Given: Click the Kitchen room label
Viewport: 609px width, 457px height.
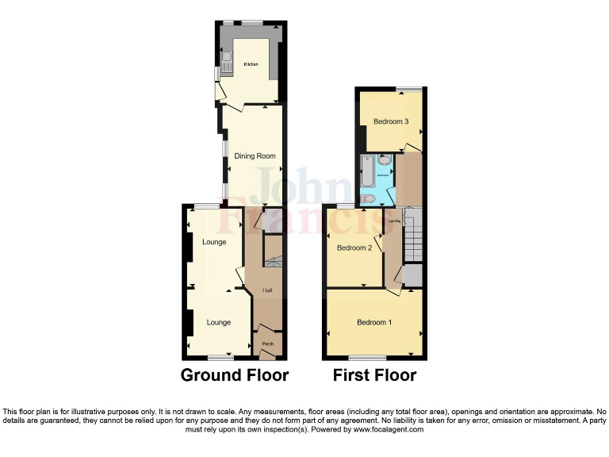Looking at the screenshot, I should pyautogui.click(x=251, y=64).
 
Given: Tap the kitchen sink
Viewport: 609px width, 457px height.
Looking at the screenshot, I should pyautogui.click(x=226, y=63).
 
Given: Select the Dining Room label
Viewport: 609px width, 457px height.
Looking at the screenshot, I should pyautogui.click(x=255, y=156).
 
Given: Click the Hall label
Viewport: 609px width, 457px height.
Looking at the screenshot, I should pyautogui.click(x=268, y=291).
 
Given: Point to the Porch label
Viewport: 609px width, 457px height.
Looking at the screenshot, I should pyautogui.click(x=268, y=344).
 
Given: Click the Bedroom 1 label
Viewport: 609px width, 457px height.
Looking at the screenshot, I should pyautogui.click(x=373, y=322).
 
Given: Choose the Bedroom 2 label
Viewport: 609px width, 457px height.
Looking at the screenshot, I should pyautogui.click(x=354, y=248).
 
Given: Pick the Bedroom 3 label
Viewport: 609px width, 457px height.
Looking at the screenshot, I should pyautogui.click(x=391, y=122).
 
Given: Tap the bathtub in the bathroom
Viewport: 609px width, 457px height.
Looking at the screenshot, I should pyautogui.click(x=366, y=171).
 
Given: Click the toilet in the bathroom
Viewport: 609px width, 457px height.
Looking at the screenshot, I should pyautogui.click(x=369, y=198).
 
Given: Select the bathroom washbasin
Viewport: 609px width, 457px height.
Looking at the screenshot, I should pyautogui.click(x=385, y=160).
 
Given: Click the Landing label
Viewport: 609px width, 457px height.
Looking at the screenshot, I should pyautogui.click(x=394, y=220).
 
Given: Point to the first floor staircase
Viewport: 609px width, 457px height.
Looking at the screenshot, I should pyautogui.click(x=414, y=236).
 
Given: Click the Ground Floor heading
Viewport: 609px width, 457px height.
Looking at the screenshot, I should pyautogui.click(x=235, y=375).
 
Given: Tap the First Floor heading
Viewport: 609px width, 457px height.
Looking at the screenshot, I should pyautogui.click(x=374, y=375).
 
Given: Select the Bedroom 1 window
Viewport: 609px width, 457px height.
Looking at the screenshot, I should pyautogui.click(x=368, y=357).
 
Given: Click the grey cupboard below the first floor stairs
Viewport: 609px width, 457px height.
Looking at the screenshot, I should pyautogui.click(x=413, y=275).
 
